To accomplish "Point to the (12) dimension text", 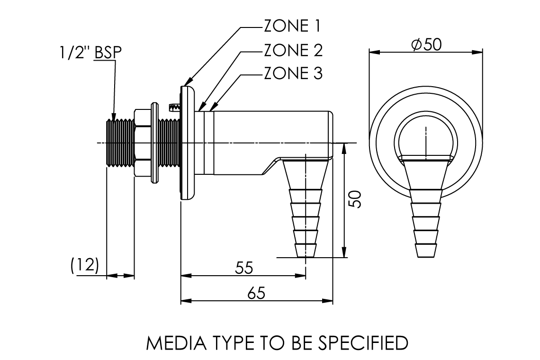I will (84, 266).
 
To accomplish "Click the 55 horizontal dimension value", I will (244, 268).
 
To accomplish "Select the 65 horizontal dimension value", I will (256, 293).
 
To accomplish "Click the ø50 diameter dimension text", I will (426, 44).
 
